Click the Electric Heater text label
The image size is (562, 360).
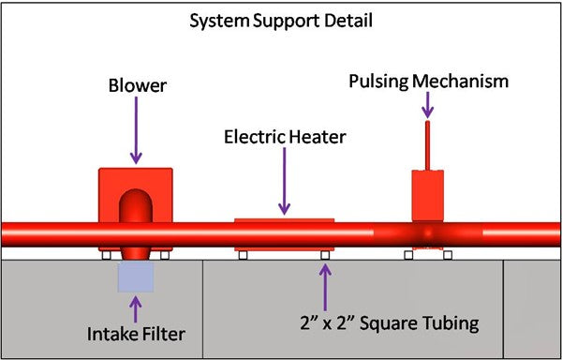285,137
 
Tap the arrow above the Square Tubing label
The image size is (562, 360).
325,287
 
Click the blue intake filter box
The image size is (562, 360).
137,277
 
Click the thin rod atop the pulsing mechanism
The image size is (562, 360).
427,145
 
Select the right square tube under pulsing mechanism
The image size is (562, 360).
447,255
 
